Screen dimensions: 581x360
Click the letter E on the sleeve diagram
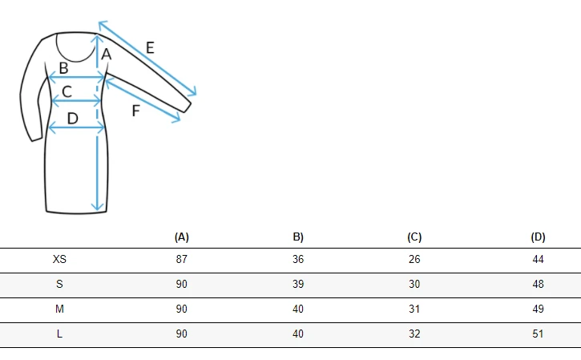click(150, 48)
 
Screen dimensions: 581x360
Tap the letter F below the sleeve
click(136, 111)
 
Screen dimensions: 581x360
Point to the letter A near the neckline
click(107, 55)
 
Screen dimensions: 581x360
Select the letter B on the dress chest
click(64, 68)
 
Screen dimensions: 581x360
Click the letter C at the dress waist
click(67, 91)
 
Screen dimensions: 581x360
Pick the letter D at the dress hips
click(73, 119)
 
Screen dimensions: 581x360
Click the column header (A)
click(182, 237)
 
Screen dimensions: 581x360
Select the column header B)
click(298, 237)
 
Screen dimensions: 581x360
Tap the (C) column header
click(414, 237)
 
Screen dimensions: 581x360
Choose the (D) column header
click(538, 237)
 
